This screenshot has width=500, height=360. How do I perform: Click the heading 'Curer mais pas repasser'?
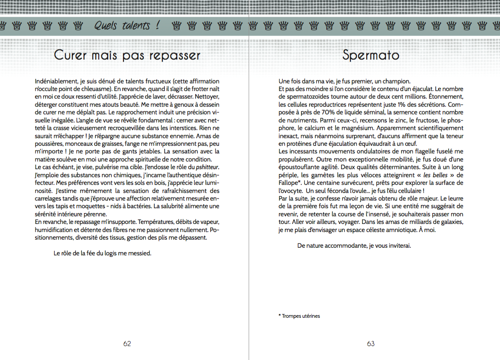point(127,55)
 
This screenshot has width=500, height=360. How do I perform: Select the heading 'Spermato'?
point(371,55)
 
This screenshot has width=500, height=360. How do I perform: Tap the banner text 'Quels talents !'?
point(127,26)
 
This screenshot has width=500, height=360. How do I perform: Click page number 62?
point(127,344)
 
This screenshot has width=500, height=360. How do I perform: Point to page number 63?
point(371,344)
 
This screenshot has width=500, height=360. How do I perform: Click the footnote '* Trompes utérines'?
point(299,316)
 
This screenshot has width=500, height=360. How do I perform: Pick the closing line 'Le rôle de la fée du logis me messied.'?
point(102,253)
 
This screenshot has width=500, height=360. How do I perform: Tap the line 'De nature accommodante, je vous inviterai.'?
point(354,246)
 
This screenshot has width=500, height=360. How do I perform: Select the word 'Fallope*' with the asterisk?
point(289,183)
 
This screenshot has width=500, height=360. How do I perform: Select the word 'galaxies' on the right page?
point(451,222)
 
